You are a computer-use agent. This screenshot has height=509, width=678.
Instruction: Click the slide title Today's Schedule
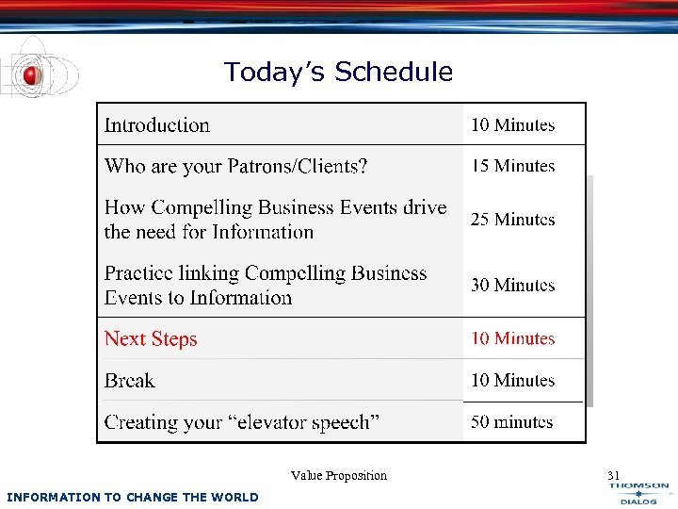click(x=338, y=72)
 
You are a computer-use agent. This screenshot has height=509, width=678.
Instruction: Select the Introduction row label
click(x=157, y=125)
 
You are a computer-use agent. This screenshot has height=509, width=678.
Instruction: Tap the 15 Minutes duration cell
click(x=513, y=166)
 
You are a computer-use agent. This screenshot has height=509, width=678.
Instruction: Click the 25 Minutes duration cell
click(x=513, y=220)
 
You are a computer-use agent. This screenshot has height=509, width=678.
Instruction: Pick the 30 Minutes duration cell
click(x=513, y=286)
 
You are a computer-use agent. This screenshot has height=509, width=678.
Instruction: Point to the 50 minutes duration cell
click(x=512, y=422)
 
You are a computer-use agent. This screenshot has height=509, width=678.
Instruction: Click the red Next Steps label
click(x=151, y=339)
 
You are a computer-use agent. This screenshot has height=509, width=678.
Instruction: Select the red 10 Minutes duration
click(x=513, y=338)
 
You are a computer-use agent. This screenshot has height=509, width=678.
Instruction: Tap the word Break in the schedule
click(x=130, y=381)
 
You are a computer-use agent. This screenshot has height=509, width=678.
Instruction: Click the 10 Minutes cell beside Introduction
click(x=513, y=125)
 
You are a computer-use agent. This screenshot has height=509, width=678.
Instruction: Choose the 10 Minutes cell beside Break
click(x=513, y=381)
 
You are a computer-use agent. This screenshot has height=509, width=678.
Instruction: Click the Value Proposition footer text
click(x=339, y=476)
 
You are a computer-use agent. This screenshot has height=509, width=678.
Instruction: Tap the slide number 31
click(x=614, y=475)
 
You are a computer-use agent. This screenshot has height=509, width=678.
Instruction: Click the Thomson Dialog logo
click(x=639, y=493)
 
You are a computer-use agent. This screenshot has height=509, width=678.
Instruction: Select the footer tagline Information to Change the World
click(x=132, y=497)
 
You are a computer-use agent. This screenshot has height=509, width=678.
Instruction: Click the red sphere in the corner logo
click(x=31, y=74)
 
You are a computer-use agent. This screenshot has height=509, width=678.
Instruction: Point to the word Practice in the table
click(x=140, y=274)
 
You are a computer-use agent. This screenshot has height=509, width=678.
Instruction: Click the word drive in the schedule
click(x=426, y=207)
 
